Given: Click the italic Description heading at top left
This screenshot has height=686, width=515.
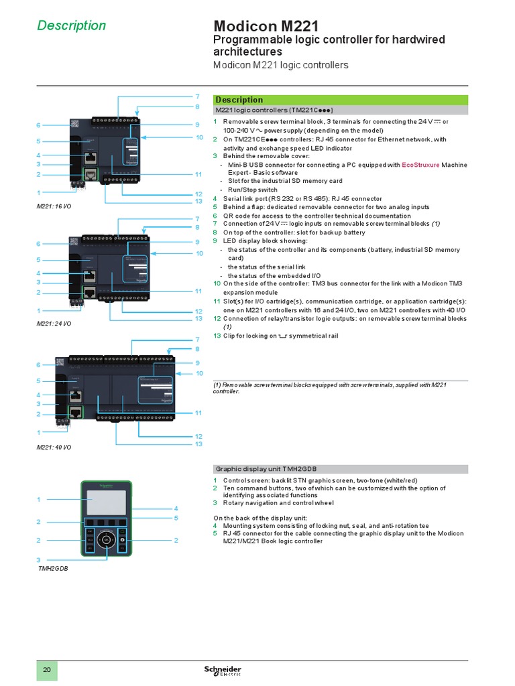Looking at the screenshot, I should tap(71, 25).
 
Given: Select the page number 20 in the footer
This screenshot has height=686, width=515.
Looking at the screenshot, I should tap(47, 671).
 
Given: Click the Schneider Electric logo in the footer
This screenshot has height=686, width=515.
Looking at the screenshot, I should tap(223, 671).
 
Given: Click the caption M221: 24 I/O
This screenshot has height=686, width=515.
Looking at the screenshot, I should tap(54, 324).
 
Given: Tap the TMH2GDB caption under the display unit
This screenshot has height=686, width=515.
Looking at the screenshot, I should tap(54, 568).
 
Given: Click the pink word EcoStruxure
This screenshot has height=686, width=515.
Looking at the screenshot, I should tap(420, 165).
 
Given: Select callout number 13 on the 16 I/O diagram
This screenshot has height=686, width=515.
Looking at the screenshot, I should tap(198, 202).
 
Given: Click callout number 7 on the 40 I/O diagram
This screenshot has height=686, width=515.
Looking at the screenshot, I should tap(198, 340).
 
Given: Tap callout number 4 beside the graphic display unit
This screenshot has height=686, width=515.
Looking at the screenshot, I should tap(176, 509).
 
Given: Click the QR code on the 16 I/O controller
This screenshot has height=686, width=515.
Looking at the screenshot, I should tap(75, 123).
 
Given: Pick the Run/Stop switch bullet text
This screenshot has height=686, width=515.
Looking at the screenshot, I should tap(252, 190).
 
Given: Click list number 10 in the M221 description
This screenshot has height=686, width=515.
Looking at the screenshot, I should tap(217, 284).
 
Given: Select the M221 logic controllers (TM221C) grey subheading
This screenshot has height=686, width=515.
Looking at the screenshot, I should tap(274, 109).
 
